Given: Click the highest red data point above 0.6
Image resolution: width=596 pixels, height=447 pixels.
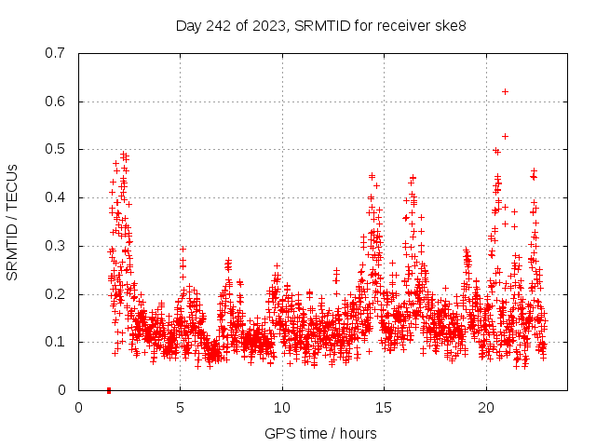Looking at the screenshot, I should pos(505,91).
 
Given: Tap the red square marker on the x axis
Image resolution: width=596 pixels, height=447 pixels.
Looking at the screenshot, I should pos(109,390).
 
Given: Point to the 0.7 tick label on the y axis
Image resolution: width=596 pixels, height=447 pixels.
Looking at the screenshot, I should pos(54,53).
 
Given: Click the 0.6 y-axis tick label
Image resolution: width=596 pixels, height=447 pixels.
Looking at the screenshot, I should pos(54,102).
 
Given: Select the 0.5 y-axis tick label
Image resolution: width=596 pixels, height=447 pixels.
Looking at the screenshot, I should pos(54,150).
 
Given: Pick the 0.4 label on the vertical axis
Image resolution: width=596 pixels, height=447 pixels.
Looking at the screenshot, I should pos(54,198).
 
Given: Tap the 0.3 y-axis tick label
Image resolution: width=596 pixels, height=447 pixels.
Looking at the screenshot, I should pos(54,247).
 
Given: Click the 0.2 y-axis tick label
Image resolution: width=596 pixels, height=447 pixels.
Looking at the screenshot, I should pos(54,294).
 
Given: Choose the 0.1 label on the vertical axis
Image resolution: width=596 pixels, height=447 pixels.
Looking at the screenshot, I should pos(54,343).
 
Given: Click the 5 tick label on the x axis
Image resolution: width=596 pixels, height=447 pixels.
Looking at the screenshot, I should pos(181,408).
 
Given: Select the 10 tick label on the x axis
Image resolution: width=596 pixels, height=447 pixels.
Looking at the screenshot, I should pos(282,408).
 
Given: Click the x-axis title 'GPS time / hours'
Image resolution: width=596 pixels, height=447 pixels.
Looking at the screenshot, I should pos(320,433).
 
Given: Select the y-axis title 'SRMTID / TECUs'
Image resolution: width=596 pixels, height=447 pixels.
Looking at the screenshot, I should pos(13,222).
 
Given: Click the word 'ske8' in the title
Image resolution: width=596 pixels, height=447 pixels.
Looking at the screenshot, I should pos(451,25).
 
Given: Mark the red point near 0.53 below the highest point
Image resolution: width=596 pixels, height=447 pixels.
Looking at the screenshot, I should pos(505,136).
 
